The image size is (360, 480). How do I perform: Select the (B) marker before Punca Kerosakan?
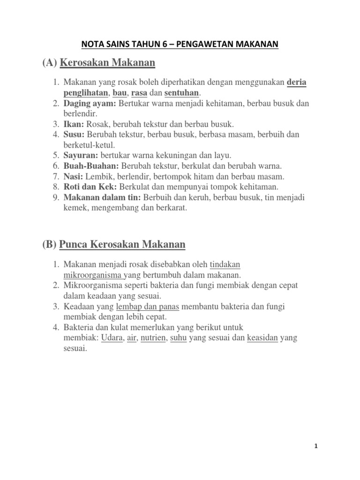[x=51, y=244]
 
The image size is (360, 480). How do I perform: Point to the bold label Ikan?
[x=73, y=124]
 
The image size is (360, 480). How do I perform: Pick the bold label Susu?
[x=74, y=135]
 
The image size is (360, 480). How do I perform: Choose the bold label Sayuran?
[x=80, y=155]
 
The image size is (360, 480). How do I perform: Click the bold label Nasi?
[x=73, y=176]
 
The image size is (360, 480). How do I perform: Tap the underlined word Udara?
[x=112, y=337]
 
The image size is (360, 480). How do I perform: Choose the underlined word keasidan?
[x=262, y=337]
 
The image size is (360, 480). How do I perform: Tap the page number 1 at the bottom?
[x=316, y=447]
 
